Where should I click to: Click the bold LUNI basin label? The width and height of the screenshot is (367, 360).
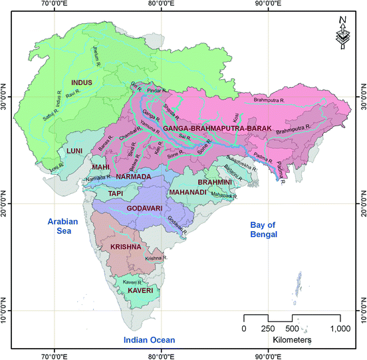[x=73, y=151]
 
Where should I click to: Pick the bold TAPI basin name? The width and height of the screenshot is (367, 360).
[x=117, y=193]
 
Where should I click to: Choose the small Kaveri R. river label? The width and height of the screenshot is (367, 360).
[x=130, y=282]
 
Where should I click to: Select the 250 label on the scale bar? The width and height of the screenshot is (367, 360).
[x=269, y=328]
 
